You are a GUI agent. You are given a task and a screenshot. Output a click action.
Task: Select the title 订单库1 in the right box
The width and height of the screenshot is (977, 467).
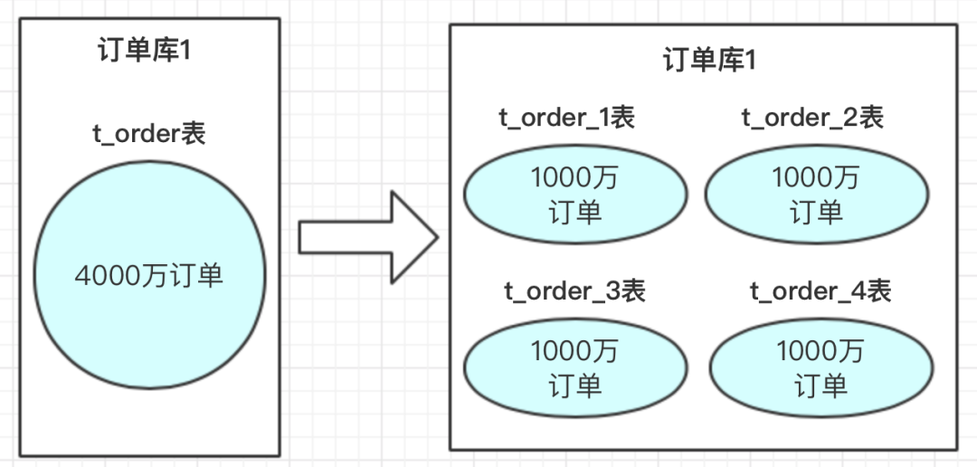(709, 61)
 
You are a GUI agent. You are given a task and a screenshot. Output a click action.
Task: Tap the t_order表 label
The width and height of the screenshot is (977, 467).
(150, 133)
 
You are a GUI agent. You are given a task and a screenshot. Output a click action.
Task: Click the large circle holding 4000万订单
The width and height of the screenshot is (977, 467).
(150, 274)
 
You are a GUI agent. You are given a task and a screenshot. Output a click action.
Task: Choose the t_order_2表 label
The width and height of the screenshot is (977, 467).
(811, 118)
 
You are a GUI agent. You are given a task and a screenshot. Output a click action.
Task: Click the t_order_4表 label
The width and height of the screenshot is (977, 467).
(820, 291)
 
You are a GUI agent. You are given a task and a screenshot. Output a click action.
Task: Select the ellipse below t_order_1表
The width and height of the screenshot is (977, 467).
(574, 195)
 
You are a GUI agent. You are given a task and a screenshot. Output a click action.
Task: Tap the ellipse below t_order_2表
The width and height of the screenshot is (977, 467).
(816, 195)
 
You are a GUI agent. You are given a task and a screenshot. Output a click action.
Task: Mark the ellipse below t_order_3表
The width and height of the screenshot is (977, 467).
(574, 367)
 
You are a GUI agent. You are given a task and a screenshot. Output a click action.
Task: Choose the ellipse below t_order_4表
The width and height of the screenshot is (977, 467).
(820, 367)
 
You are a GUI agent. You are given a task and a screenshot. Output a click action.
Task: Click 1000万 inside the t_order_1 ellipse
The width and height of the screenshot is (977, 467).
(574, 178)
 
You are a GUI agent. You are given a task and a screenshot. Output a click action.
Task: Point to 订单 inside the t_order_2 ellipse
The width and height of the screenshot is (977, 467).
(816, 213)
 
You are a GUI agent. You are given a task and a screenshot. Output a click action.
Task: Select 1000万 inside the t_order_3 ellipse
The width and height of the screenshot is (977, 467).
(574, 351)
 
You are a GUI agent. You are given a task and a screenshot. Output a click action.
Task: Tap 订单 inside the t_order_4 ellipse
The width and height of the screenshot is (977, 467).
(820, 386)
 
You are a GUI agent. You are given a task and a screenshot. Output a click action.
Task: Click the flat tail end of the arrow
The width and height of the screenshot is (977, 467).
(302, 237)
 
